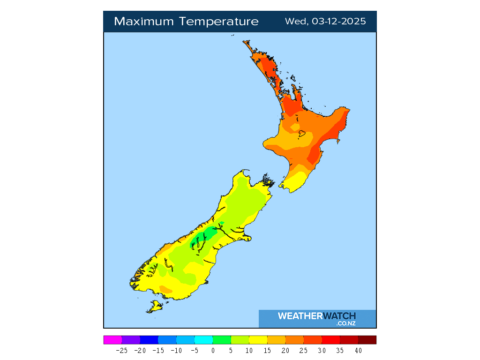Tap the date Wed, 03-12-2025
325,22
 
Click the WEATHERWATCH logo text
316,316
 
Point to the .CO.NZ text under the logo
346,323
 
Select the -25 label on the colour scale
122,350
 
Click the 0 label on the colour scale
213,350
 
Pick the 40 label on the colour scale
358,350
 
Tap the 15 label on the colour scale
267,350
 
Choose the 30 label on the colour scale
322,350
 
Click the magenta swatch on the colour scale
112,340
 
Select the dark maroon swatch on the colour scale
367,340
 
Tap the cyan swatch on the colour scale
203,340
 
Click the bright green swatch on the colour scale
222,340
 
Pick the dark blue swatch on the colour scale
149,340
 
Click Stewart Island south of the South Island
154,307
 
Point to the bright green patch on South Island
202,240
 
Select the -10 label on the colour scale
176,350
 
